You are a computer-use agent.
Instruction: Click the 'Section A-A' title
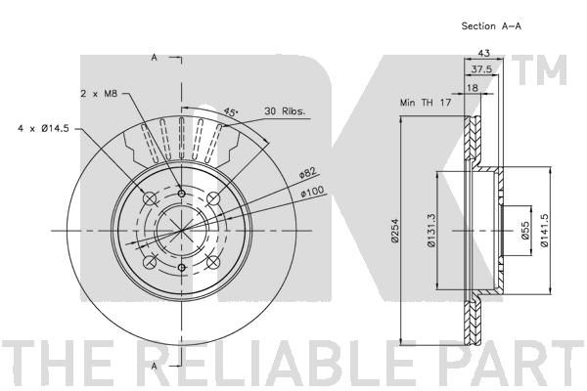pos(491,26)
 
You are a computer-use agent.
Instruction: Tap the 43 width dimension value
pos(483,53)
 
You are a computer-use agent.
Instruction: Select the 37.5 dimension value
pos(481,69)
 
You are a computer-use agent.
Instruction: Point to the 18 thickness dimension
pos(473,88)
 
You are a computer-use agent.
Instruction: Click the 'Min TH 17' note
pos(426,102)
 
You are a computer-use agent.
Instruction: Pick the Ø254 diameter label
pos(395,231)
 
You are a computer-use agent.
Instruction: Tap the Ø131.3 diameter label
pos(430,231)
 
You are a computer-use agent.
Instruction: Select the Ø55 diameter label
pos(524,230)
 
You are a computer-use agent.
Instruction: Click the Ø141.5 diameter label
pos(544,231)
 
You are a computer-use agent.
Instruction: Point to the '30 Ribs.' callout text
pos(285,111)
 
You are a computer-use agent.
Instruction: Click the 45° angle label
pos(231,111)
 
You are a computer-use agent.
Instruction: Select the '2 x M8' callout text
pos(99,94)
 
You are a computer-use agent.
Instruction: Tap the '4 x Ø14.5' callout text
pos(43,129)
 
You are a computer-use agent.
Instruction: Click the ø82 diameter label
pos(308,173)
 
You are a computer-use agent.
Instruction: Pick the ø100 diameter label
pos(312,193)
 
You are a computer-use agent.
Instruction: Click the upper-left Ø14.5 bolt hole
pos(150,198)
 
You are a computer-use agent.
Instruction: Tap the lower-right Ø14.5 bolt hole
pos(212,262)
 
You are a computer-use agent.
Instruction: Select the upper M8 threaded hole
pos(182,194)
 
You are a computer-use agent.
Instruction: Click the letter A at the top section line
pos(154,58)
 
